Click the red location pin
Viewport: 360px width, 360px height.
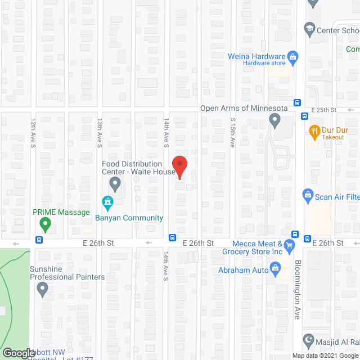[x=179, y=166]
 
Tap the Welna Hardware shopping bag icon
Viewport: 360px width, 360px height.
[x=292, y=56]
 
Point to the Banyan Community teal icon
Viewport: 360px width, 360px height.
[x=107, y=201]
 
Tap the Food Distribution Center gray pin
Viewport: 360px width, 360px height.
[x=115, y=184]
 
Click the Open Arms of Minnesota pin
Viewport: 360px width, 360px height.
[x=274, y=120]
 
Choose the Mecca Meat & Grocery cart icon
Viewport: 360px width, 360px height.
[x=289, y=245]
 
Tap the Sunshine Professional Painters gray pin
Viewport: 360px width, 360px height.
[x=42, y=290]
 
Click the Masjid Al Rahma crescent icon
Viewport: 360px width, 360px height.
[x=308, y=340]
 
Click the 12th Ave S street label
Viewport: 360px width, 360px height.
[x=33, y=137]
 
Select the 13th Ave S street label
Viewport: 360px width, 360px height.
[x=99, y=137]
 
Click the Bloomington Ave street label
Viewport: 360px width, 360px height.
[x=298, y=298]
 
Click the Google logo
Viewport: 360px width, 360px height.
[x=18, y=353]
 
